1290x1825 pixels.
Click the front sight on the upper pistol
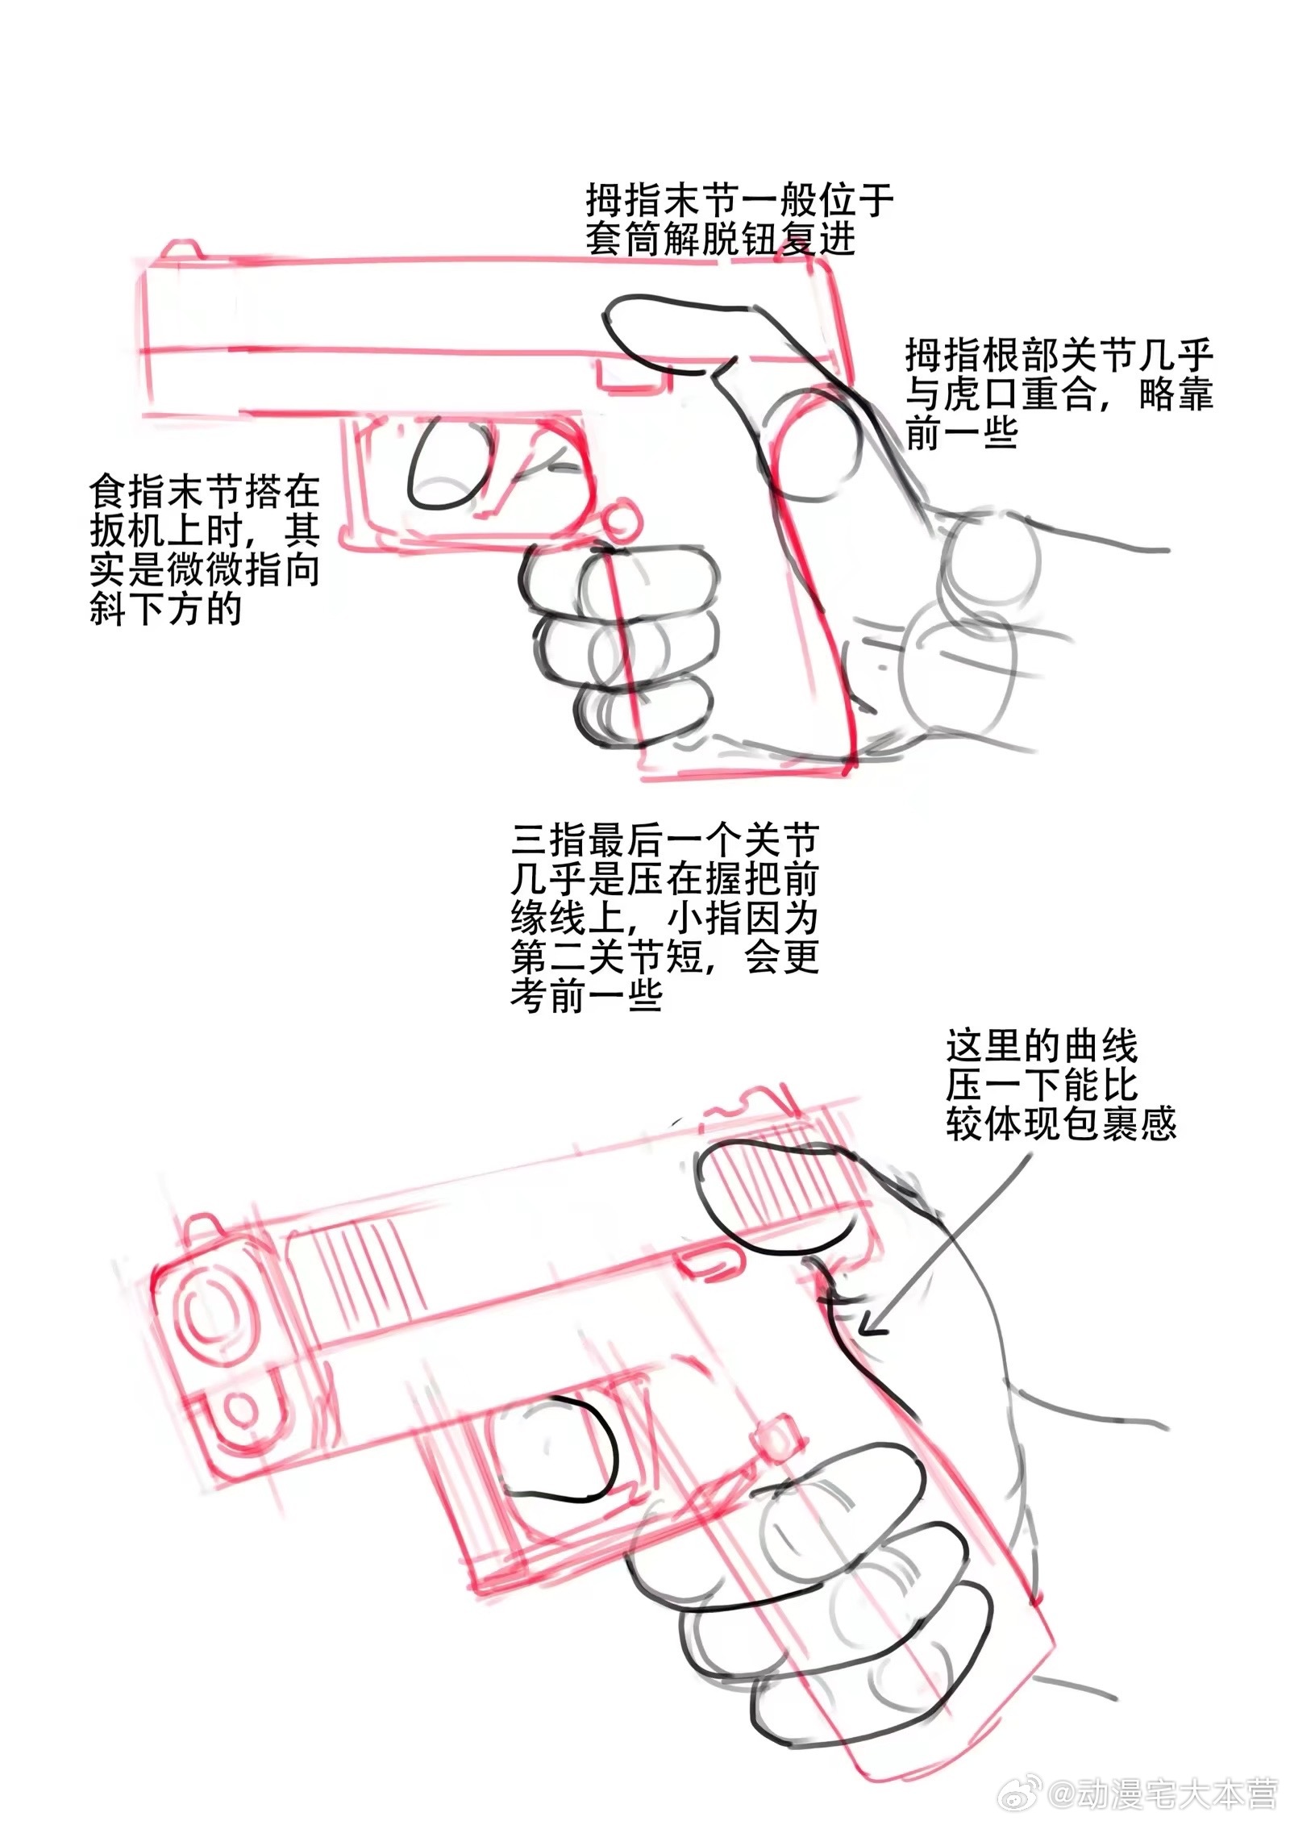coord(180,248)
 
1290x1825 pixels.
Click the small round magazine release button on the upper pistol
coord(622,520)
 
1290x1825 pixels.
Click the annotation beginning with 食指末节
coord(205,552)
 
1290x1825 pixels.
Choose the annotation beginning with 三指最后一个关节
coord(665,918)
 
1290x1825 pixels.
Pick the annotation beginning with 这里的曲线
coord(1061,1086)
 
